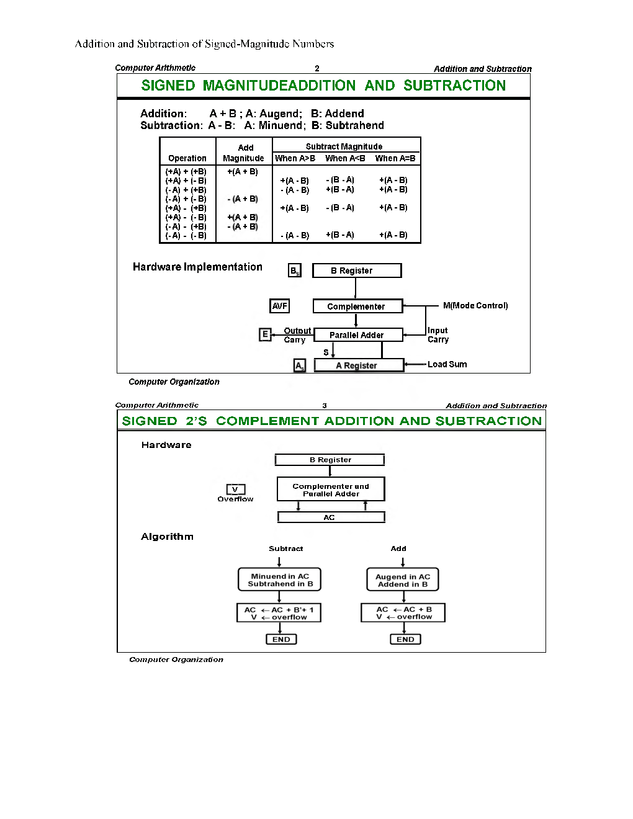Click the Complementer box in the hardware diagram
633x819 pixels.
pyautogui.click(x=357, y=307)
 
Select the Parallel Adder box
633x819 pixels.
pyautogui.click(x=357, y=335)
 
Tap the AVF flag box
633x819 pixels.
pyautogui.click(x=280, y=306)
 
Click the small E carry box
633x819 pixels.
pyautogui.click(x=265, y=335)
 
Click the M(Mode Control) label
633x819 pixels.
pyautogui.click(x=475, y=306)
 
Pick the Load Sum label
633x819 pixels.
pyautogui.click(x=447, y=364)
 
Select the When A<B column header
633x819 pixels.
pyautogui.click(x=345, y=158)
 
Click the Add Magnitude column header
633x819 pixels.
pyautogui.click(x=244, y=153)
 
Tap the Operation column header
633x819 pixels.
pyautogui.click(x=187, y=158)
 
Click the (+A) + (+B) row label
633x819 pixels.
pyautogui.click(x=186, y=172)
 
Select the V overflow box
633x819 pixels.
pyautogui.click(x=235, y=490)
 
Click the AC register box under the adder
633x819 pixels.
pyautogui.click(x=330, y=517)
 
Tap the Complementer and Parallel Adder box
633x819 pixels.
pyautogui.click(x=330, y=490)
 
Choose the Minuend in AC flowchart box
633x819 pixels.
pyautogui.click(x=280, y=580)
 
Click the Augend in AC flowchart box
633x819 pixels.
pyautogui.click(x=403, y=580)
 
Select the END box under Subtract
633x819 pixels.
pyautogui.click(x=281, y=639)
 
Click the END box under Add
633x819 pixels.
pyautogui.click(x=405, y=639)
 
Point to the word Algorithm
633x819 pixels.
pyautogui.click(x=167, y=537)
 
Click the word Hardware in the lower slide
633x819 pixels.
pyautogui.click(x=166, y=445)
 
